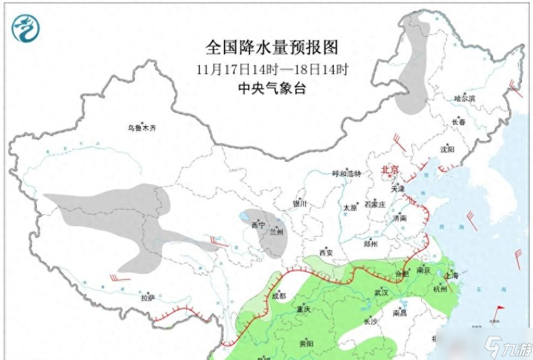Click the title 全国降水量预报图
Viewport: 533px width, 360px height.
pos(272,47)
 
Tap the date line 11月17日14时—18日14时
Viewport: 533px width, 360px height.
pos(272,69)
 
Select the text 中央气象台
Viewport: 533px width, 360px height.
pos(272,88)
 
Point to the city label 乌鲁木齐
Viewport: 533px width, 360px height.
pos(141,128)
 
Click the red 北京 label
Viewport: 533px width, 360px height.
pos(390,170)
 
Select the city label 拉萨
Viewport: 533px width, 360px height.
pos(148,297)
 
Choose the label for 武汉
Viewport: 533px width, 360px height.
pos(381,292)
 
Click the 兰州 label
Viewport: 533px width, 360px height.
pos(276,232)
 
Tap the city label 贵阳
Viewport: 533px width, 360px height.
pos(306,343)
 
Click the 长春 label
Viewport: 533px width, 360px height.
pos(458,122)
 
